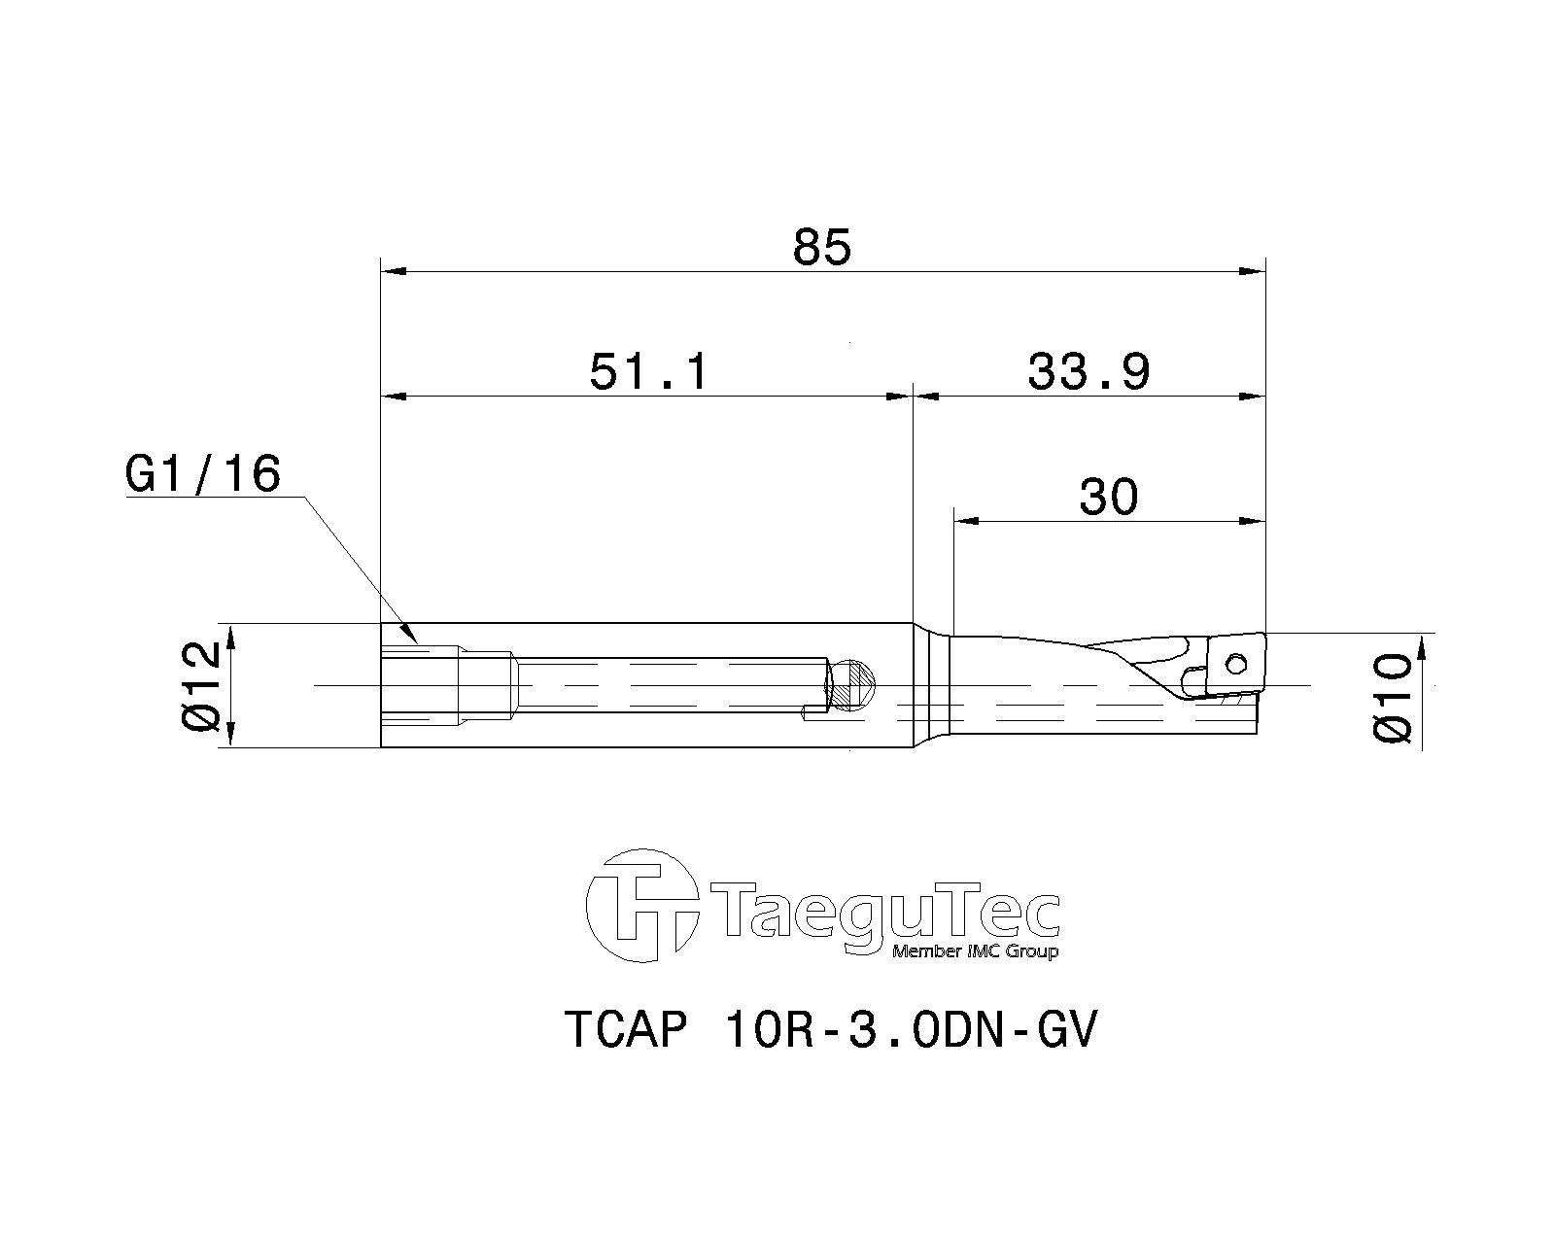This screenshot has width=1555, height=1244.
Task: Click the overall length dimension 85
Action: pos(822,247)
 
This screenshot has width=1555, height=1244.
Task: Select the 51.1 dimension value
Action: pos(648,372)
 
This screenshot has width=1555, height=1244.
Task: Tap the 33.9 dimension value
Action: pos(1088,372)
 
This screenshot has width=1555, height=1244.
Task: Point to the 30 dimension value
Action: pos(1109,497)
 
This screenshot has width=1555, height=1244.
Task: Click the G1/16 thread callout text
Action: pos(203,475)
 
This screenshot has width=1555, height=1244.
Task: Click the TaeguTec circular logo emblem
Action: pos(642,906)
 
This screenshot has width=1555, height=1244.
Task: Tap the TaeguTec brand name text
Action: pos(886,910)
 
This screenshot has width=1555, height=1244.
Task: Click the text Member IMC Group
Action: pos(976,952)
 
